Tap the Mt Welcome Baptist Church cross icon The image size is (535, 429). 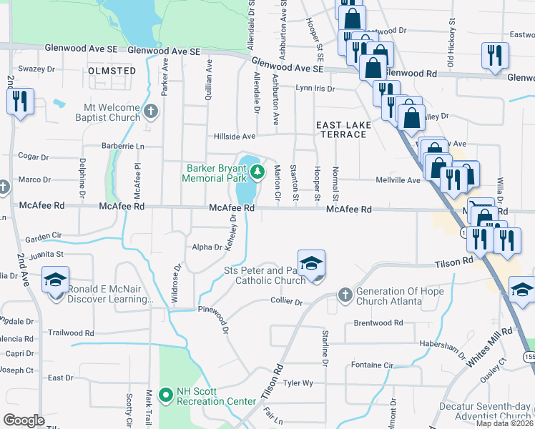click(x=150, y=112)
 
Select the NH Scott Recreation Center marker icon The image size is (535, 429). click(x=166, y=394)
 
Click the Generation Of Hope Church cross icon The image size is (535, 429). click(x=345, y=294)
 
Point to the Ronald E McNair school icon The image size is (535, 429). click(x=55, y=281)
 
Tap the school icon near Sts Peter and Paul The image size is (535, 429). click(x=312, y=263)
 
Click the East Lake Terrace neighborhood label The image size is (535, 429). click(x=344, y=129)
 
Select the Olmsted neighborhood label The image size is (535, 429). click(x=112, y=71)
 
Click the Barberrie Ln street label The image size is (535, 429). click(x=122, y=146)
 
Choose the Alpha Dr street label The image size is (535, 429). click(x=207, y=247)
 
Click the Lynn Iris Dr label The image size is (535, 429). click(x=315, y=89)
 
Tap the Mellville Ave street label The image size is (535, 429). click(x=398, y=180)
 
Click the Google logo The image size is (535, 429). click(x=24, y=420)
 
